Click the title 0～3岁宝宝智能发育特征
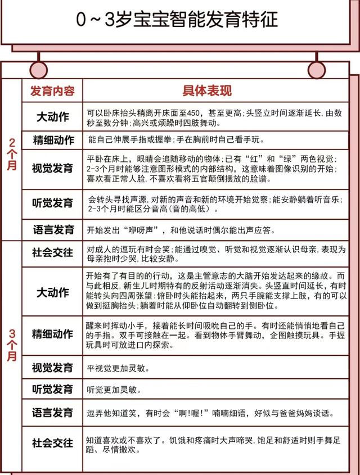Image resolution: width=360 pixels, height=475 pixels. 178,20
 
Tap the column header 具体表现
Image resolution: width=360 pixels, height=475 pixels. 207,91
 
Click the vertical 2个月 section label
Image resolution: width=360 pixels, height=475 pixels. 12,155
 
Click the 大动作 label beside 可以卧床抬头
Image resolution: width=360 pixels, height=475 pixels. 52,117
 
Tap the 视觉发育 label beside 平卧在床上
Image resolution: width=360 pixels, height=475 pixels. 52,168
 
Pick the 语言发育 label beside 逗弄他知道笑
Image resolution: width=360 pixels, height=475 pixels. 52,413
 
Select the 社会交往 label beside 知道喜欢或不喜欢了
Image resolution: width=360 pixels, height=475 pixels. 52,443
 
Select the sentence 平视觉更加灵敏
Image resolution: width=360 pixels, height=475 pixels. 117,368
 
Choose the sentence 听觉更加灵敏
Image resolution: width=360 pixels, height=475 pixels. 113,389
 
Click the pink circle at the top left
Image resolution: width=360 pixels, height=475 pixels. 38,68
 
